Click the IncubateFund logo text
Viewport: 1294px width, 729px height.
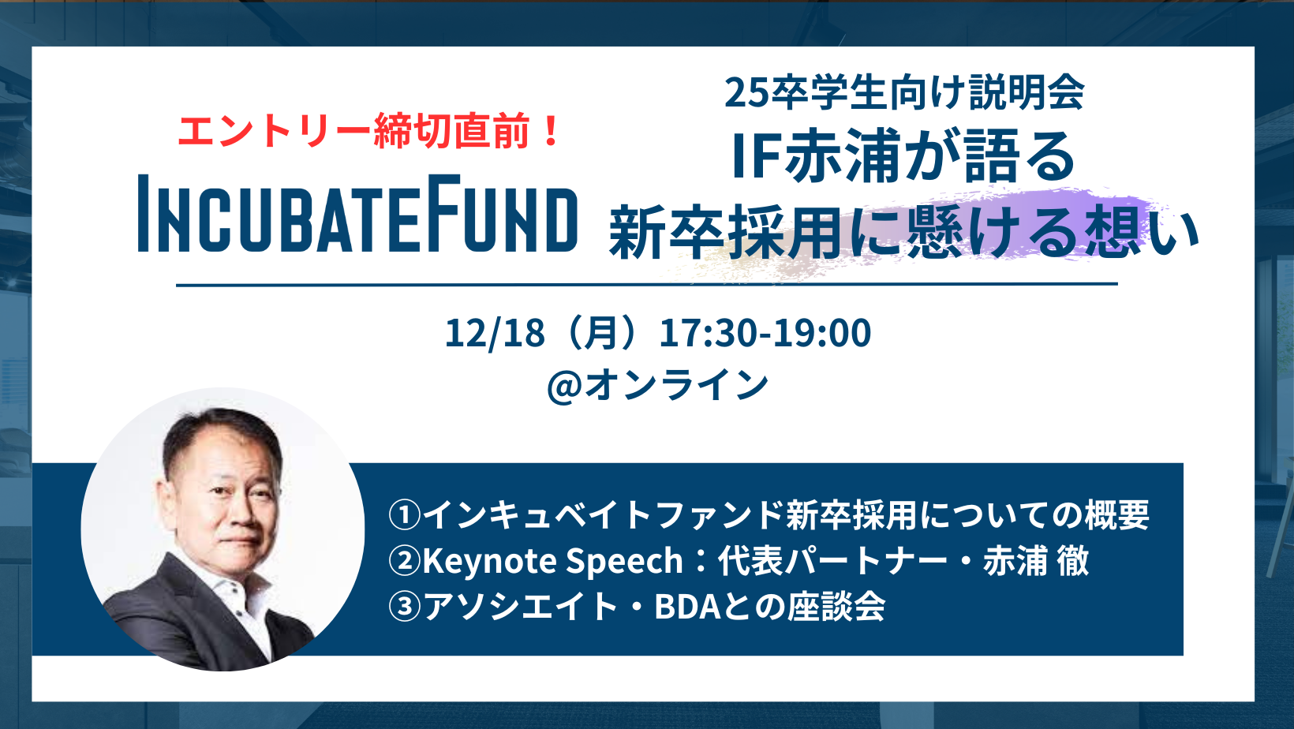(x=357, y=213)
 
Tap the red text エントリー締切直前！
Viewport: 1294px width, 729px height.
(x=368, y=131)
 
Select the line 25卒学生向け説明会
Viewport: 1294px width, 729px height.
(x=905, y=92)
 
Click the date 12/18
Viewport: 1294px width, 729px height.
(x=495, y=333)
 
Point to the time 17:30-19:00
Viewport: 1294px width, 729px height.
(x=765, y=333)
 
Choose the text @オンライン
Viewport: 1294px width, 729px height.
(x=657, y=385)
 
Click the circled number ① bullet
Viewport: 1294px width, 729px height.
(x=404, y=514)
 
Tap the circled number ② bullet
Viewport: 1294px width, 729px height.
(x=404, y=560)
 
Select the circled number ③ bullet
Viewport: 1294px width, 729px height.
(x=404, y=606)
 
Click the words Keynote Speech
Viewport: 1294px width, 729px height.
(x=553, y=561)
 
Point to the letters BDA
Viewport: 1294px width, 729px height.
(x=687, y=607)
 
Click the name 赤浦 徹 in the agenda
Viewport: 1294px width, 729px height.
(x=1036, y=560)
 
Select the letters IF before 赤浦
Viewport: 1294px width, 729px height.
(x=756, y=156)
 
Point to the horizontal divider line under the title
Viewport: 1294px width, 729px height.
(x=647, y=284)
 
